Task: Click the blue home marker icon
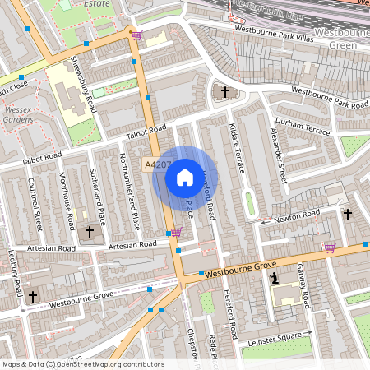tap(185, 178)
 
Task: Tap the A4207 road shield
tap(155, 165)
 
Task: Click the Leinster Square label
tap(275, 334)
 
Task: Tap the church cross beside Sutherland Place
tap(90, 233)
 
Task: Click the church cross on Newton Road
tap(347, 215)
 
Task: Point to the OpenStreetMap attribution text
tap(82, 364)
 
